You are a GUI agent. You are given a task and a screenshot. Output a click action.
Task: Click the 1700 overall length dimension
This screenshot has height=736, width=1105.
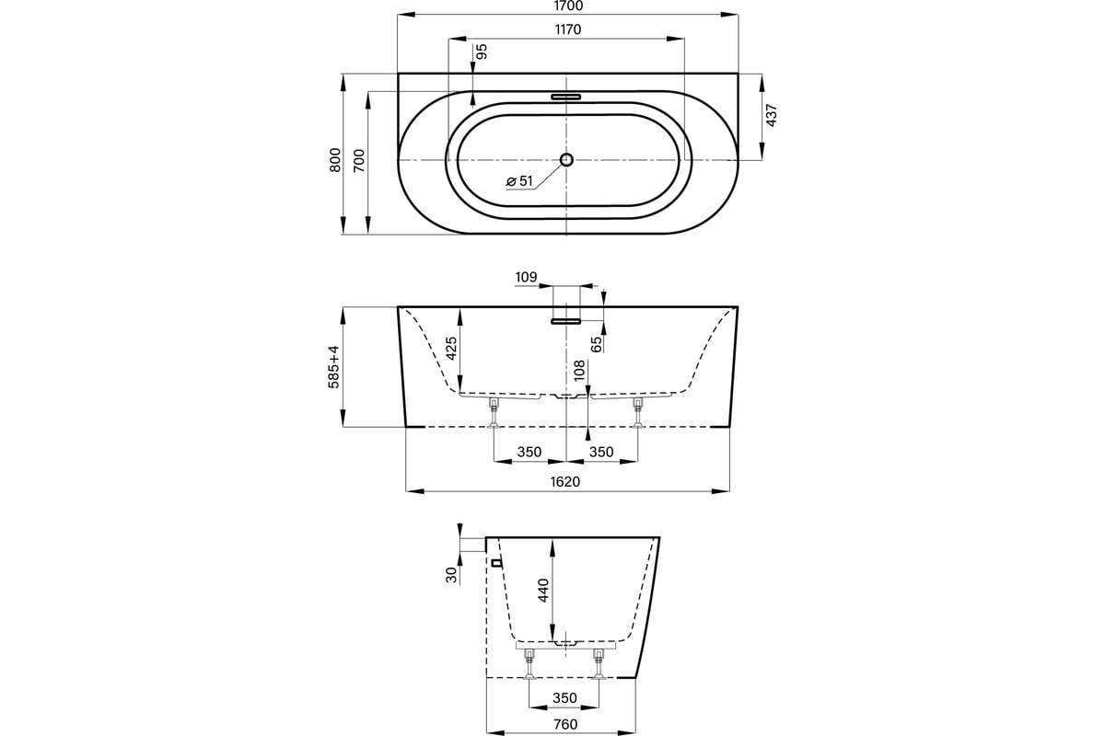(x=566, y=6)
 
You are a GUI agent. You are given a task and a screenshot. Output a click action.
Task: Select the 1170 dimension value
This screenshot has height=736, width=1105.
(x=566, y=29)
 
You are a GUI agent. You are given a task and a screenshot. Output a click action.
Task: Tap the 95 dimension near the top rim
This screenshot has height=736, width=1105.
(x=481, y=52)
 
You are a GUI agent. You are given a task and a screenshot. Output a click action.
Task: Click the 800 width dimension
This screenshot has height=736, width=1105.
(x=335, y=161)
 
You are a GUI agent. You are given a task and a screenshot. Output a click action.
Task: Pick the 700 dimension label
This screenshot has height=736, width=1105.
(x=360, y=161)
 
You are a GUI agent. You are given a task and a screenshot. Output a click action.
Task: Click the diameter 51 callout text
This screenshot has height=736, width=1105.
(x=520, y=181)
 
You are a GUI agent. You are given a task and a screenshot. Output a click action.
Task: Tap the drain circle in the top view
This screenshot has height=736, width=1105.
(x=566, y=159)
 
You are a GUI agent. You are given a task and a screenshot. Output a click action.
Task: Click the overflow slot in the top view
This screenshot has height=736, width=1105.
(x=566, y=95)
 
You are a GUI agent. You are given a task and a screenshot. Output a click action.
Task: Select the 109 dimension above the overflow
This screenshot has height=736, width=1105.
(x=526, y=276)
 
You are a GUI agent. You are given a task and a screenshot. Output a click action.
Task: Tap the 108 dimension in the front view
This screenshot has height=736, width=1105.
(x=579, y=371)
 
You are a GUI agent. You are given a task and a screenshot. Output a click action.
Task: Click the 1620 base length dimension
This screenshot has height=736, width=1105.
(x=566, y=481)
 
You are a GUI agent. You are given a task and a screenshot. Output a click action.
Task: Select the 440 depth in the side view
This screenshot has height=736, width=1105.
(x=543, y=589)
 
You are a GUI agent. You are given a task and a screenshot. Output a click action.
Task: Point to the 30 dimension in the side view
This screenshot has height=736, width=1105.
(x=451, y=575)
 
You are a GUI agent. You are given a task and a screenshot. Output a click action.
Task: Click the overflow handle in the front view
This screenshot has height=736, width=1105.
(x=566, y=321)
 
